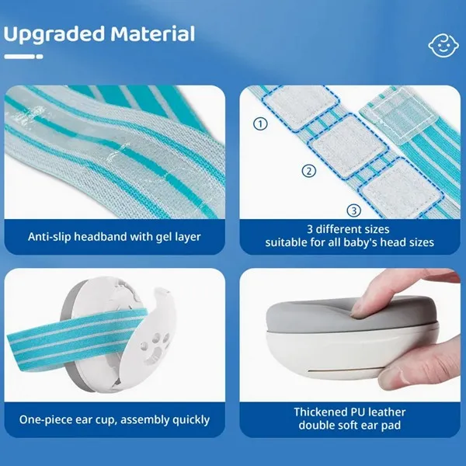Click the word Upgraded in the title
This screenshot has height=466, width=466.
click(54, 34)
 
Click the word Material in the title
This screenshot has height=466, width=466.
click(152, 34)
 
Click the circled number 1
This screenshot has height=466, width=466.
click(260, 123)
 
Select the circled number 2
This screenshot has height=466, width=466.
click(309, 171)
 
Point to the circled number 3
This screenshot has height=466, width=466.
click(353, 210)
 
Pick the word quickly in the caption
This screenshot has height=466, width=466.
click(189, 419)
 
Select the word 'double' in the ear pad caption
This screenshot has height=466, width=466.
click(316, 426)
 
